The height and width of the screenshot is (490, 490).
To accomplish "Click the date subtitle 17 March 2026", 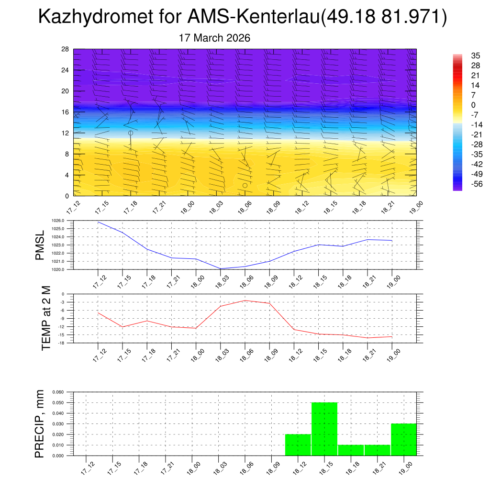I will pos(214,38).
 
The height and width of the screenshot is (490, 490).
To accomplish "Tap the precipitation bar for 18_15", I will pos(324,429).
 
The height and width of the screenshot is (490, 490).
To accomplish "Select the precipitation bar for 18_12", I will pos(298,445).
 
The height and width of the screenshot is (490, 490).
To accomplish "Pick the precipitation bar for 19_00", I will pos(403,439).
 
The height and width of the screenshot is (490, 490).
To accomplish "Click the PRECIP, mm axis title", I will pos(40,424).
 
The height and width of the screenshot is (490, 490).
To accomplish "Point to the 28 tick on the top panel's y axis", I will pos(66,49).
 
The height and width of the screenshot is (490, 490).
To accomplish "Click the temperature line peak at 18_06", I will pos(245,301).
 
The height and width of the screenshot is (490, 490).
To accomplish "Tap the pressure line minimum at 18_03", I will pos(221,268).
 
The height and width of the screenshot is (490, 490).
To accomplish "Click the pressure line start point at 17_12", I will pos(98,222).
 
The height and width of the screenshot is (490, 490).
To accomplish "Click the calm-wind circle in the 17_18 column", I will pos(131,133).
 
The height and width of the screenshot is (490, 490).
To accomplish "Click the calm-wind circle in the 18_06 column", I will pos(245,185).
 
